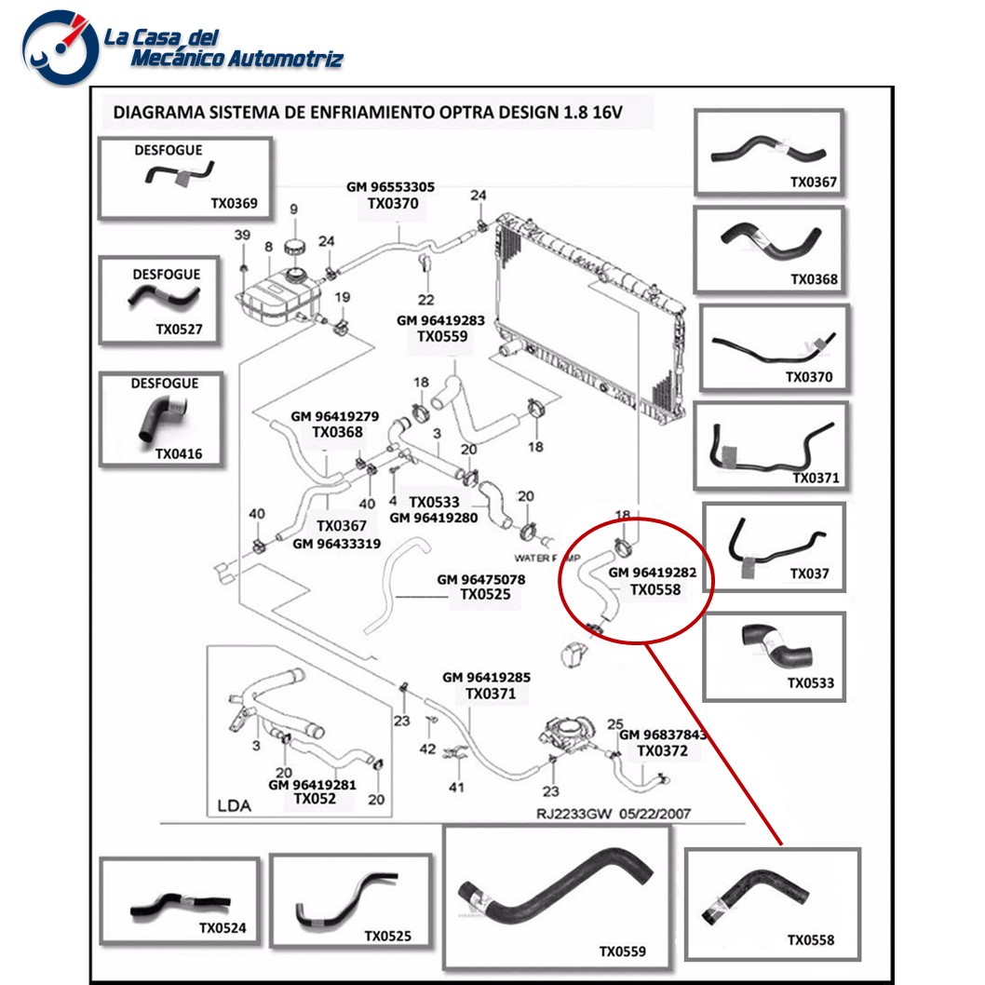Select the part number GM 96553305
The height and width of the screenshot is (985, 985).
(x=390, y=187)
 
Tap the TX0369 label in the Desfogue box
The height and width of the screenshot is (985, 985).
(x=234, y=203)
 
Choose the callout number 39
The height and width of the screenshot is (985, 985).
(x=241, y=235)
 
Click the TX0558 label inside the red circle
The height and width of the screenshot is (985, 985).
(x=655, y=590)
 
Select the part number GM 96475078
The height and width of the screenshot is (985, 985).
(x=480, y=579)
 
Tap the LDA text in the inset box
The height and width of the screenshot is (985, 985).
(x=234, y=806)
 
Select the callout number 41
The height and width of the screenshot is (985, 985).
(x=456, y=788)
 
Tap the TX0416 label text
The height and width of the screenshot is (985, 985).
(x=178, y=454)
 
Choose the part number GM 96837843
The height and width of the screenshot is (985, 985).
(x=663, y=735)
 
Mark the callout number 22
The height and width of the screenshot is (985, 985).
(x=425, y=299)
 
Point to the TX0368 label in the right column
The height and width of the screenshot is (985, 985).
(x=814, y=278)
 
